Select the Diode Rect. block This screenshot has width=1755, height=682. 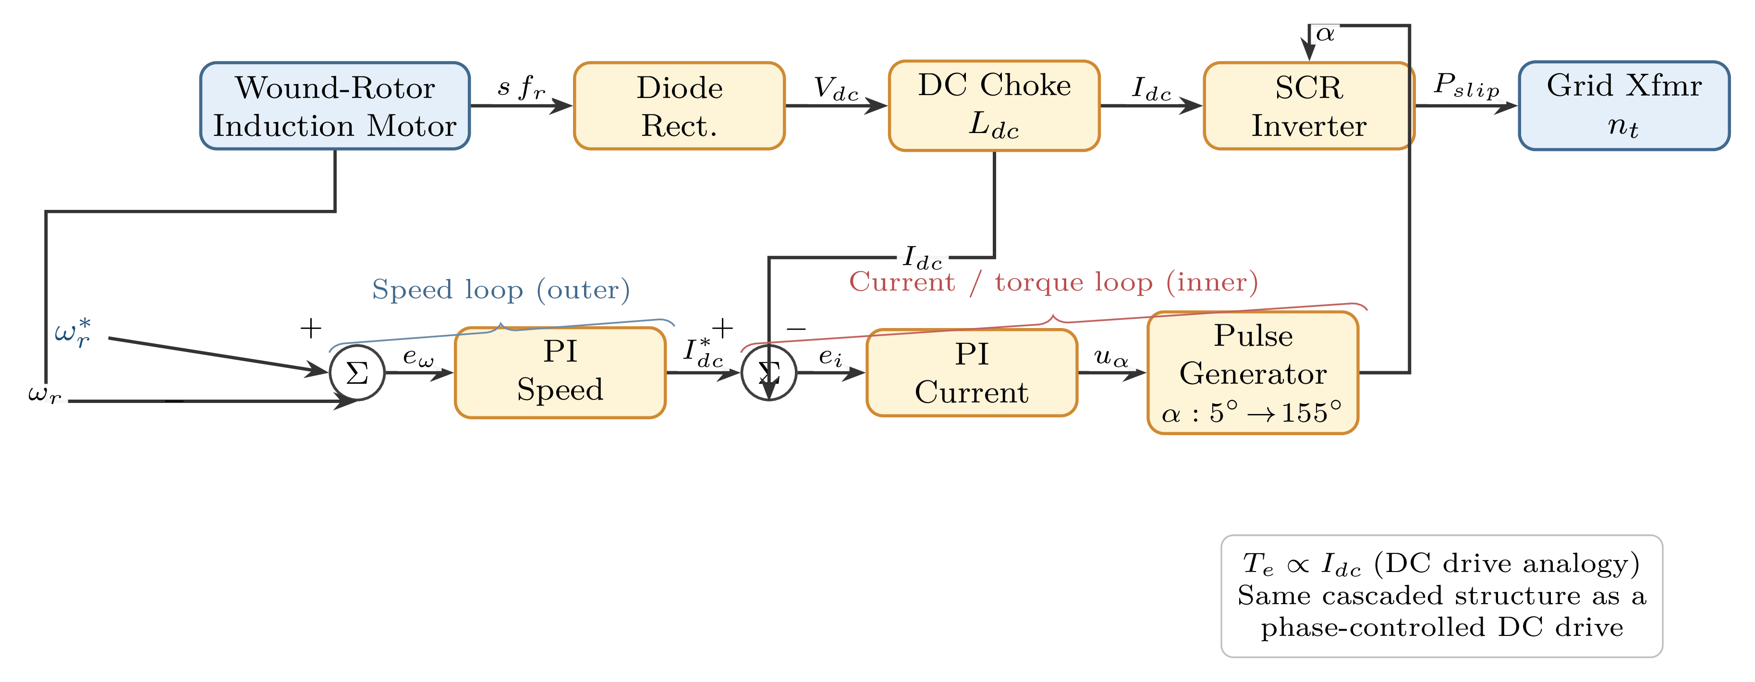click(679, 106)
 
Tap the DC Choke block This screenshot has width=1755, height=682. click(994, 106)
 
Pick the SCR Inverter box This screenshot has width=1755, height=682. click(1308, 106)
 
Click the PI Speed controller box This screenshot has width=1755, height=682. click(560, 372)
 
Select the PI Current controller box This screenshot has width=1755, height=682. click(972, 373)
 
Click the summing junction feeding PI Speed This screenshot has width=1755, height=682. click(357, 373)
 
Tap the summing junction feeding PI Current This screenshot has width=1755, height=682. click(768, 373)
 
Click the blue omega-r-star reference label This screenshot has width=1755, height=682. click(72, 333)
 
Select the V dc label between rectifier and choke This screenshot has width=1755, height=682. click(836, 88)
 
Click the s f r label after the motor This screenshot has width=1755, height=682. click(521, 88)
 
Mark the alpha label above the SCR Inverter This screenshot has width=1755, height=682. click(1325, 33)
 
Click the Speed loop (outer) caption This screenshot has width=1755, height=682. click(501, 290)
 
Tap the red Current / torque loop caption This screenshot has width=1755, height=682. click(1053, 282)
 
